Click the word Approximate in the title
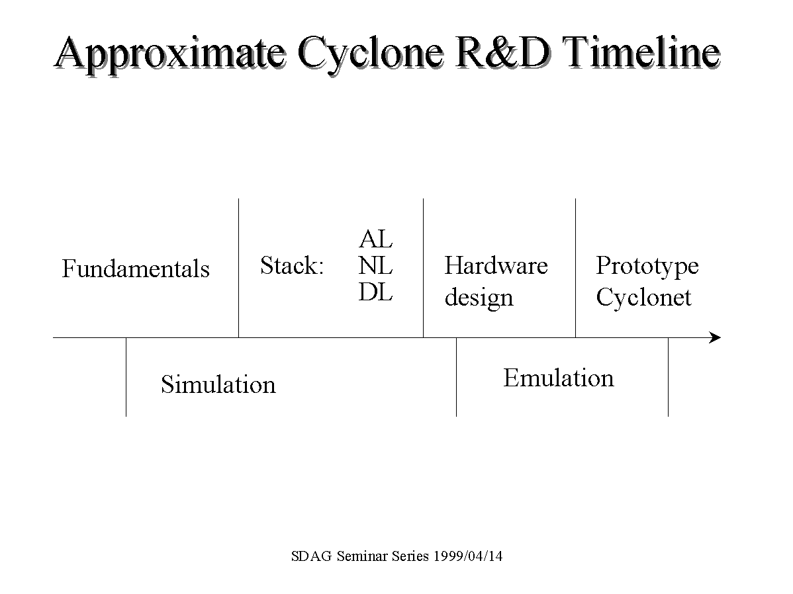170,54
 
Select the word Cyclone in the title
371,54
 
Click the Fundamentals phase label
136,269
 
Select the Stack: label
292,265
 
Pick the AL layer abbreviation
375,239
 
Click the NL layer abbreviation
375,265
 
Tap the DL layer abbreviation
375,292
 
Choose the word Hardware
496,265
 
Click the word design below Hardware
479,298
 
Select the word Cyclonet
643,298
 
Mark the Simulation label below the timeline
218,384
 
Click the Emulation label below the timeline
559,378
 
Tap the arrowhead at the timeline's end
716,337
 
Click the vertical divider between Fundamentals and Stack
239,268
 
